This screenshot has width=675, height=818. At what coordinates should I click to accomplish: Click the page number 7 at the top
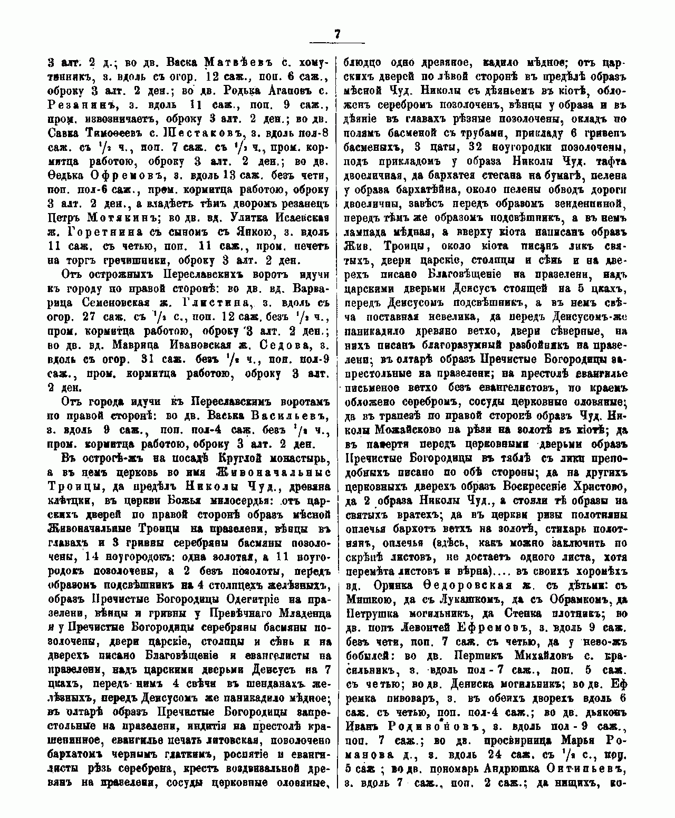coord(337,34)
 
